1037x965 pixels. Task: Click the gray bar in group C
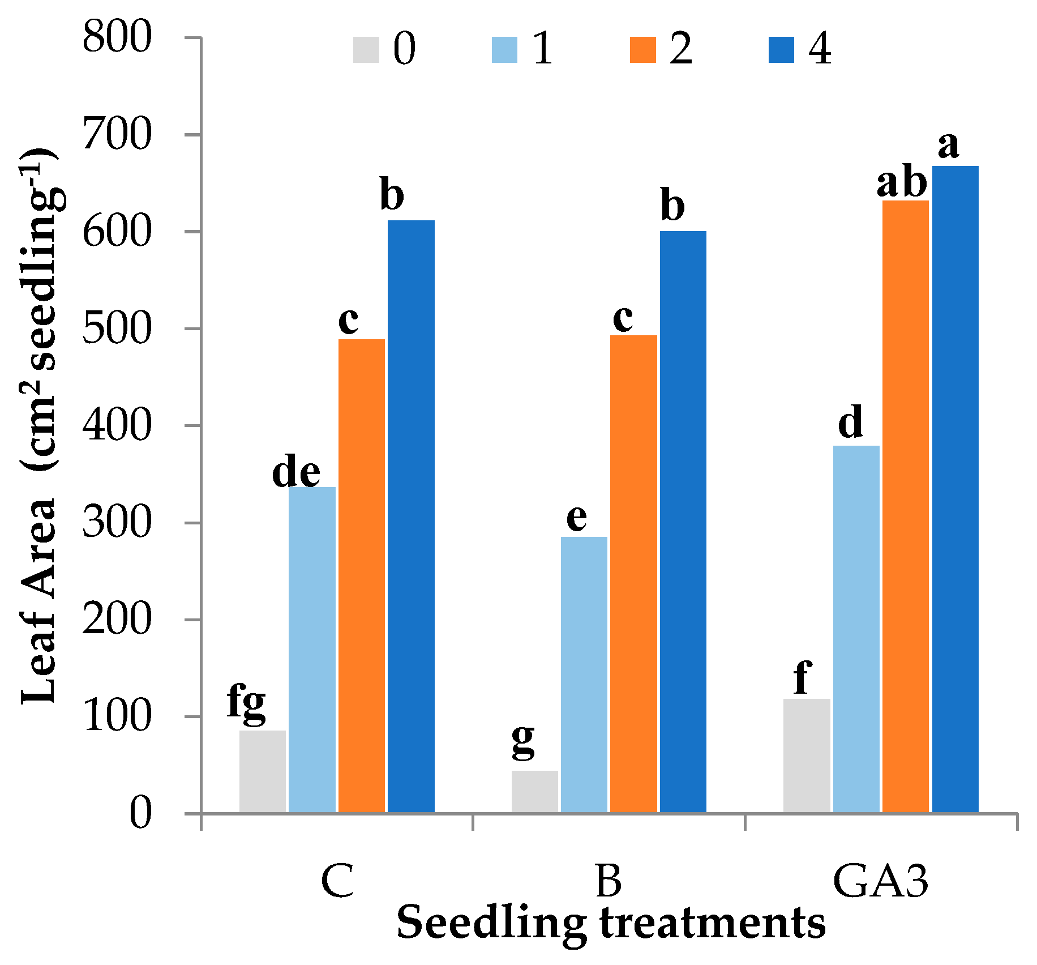(262, 771)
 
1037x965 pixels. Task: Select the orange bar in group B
(633, 573)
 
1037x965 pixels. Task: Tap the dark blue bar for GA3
(955, 489)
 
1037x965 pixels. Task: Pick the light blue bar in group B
(584, 674)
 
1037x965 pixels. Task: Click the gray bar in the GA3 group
(806, 755)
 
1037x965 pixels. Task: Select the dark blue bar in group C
(411, 516)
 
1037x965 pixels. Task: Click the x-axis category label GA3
(880, 882)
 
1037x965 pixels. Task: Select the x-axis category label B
(609, 882)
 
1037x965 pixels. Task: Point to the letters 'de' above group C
(295, 472)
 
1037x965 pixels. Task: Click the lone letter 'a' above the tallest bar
(949, 145)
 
